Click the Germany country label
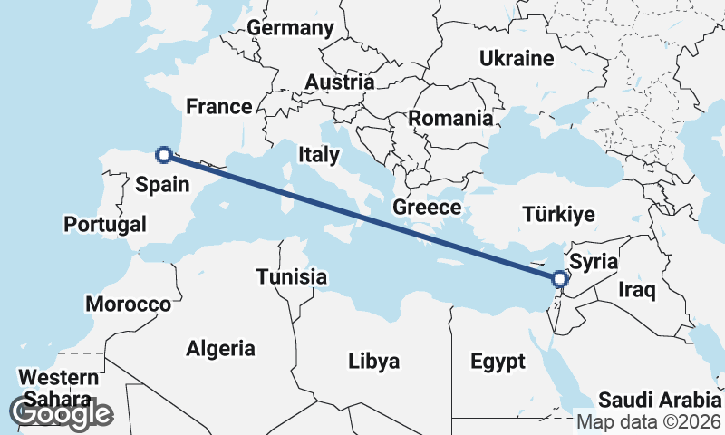click(x=290, y=28)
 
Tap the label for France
click(x=218, y=107)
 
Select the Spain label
click(x=162, y=185)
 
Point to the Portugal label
click(x=105, y=224)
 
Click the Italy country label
click(x=318, y=155)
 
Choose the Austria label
click(x=339, y=82)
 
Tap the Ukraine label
click(x=516, y=59)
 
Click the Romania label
click(x=450, y=118)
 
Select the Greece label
click(x=427, y=208)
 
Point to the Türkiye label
click(x=558, y=215)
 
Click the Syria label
click(x=594, y=262)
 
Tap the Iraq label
click(x=636, y=290)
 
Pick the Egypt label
click(x=498, y=362)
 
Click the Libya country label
click(x=373, y=362)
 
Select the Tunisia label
click(x=291, y=276)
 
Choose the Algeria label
click(x=220, y=348)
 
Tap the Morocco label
click(x=129, y=304)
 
